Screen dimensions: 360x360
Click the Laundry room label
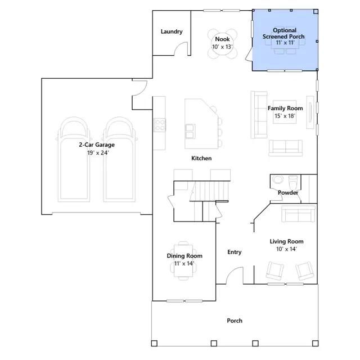[x=172, y=31]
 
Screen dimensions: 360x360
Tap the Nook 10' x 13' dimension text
[x=222, y=47]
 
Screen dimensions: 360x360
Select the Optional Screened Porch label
[x=283, y=33]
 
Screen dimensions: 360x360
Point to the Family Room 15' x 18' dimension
[x=285, y=116]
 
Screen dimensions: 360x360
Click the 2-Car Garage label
[x=97, y=145]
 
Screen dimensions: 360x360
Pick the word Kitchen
[x=201, y=158]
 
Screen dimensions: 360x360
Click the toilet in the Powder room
[x=293, y=182]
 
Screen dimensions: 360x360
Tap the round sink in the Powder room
[x=278, y=179]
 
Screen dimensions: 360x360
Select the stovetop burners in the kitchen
[x=159, y=125]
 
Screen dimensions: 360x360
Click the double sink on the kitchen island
[x=190, y=131]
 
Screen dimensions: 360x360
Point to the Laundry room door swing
[x=181, y=49]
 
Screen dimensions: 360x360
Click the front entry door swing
[x=235, y=276]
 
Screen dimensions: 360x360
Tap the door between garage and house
[x=139, y=88]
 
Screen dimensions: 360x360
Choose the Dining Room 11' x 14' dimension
[x=184, y=264]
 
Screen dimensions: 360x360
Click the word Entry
[x=234, y=252]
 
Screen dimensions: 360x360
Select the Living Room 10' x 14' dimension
[x=286, y=249]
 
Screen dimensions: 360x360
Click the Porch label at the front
[x=235, y=321]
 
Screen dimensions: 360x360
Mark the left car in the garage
[x=74, y=160]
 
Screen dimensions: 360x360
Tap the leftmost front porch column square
[x=154, y=344]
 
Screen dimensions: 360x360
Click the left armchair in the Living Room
[x=274, y=271]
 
